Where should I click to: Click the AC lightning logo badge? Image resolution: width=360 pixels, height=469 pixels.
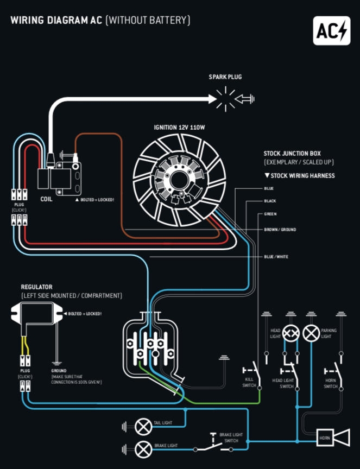click(x=332, y=30)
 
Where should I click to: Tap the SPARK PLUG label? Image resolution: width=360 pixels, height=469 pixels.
click(x=225, y=77)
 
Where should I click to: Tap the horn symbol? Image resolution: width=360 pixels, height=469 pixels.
click(x=332, y=438)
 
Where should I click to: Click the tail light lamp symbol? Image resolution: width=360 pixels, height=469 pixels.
click(x=143, y=427)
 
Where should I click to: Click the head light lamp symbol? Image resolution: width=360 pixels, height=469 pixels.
click(x=291, y=333)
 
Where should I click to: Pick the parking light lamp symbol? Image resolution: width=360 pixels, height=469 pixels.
click(x=311, y=333)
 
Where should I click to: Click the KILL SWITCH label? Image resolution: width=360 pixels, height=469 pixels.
click(x=249, y=383)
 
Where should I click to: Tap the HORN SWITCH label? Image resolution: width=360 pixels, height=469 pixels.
click(x=331, y=383)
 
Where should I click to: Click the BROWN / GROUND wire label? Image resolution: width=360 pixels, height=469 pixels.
click(x=280, y=230)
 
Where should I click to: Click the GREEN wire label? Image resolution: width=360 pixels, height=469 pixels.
click(x=270, y=214)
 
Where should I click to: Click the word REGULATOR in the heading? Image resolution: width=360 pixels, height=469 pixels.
click(x=36, y=287)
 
